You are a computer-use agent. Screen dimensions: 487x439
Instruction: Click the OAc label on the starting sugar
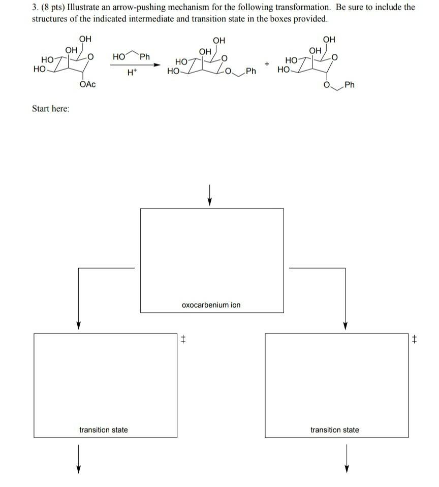pyautogui.click(x=87, y=84)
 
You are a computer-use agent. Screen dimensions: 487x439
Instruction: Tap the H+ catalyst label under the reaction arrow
pyautogui.click(x=131, y=73)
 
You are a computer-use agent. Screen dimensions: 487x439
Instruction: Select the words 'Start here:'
pyautogui.click(x=51, y=109)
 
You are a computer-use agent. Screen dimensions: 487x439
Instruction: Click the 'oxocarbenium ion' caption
pyautogui.click(x=211, y=305)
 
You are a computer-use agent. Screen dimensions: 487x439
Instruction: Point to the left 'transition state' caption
pyautogui.click(x=104, y=430)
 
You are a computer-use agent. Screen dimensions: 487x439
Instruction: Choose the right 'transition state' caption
pyautogui.click(x=334, y=430)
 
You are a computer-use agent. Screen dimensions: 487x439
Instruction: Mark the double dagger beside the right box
pyautogui.click(x=414, y=339)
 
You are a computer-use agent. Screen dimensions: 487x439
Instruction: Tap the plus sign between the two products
pyautogui.click(x=266, y=64)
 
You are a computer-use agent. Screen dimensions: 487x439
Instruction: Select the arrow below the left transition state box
pyautogui.click(x=78, y=459)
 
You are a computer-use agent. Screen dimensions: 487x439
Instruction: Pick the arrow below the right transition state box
pyautogui.click(x=346, y=459)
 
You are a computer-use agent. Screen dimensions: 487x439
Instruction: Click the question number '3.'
pyautogui.click(x=36, y=7)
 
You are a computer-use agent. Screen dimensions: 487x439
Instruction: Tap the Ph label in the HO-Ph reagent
pyautogui.click(x=145, y=56)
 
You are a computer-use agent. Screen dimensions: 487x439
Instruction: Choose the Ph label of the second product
pyautogui.click(x=350, y=84)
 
